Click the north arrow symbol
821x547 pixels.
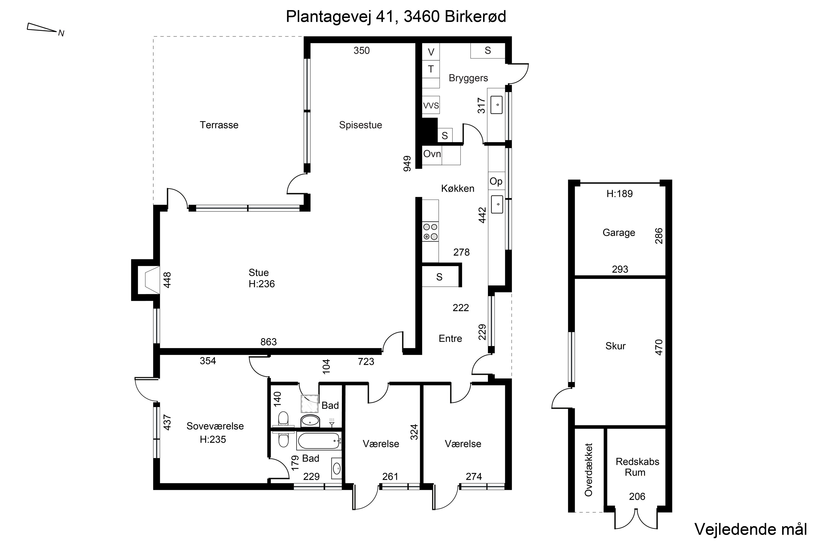tap(42, 28)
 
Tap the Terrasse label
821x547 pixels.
tap(219, 125)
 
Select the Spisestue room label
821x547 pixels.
tap(361, 125)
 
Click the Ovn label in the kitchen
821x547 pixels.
tap(432, 154)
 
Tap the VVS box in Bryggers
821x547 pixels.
tap(431, 105)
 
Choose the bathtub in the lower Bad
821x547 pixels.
tap(319, 441)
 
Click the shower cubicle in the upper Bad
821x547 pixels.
tap(310, 404)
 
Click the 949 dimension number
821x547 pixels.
tap(407, 164)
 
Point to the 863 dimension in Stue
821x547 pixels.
tap(268, 342)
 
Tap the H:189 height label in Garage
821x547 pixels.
tap(620, 194)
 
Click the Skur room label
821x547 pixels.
tap(615, 346)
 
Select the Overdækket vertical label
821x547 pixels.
tap(589, 470)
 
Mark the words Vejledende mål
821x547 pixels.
tap(751, 529)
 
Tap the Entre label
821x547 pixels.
tap(450, 338)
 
